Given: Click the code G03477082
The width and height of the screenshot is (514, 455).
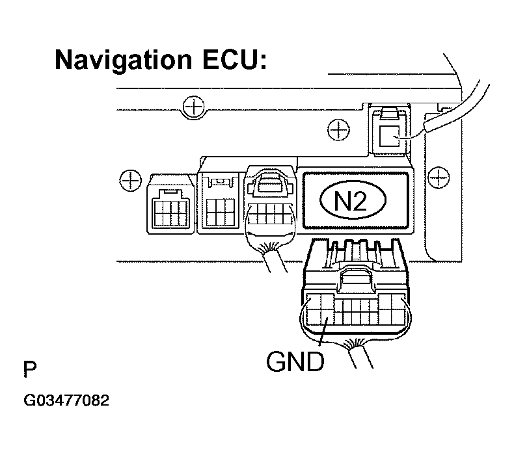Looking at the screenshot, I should (66, 400).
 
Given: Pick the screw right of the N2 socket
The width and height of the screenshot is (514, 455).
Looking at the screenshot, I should (440, 174).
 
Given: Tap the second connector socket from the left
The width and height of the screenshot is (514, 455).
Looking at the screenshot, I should (219, 201).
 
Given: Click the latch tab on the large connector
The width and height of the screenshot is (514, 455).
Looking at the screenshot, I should (355, 279).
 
